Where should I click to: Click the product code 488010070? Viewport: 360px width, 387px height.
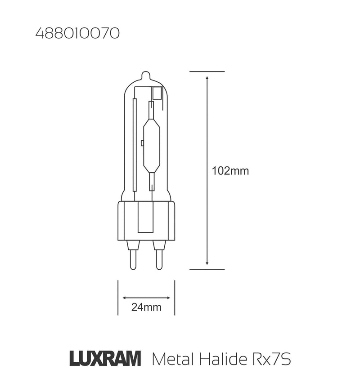click(77, 34)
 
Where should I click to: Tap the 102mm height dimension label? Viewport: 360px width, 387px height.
click(230, 171)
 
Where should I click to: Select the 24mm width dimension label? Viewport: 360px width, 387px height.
click(146, 307)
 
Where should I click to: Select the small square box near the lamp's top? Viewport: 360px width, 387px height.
click(157, 93)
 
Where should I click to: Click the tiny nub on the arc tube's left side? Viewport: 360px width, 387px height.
click(142, 143)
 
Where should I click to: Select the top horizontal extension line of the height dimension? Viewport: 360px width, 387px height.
click(207, 71)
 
